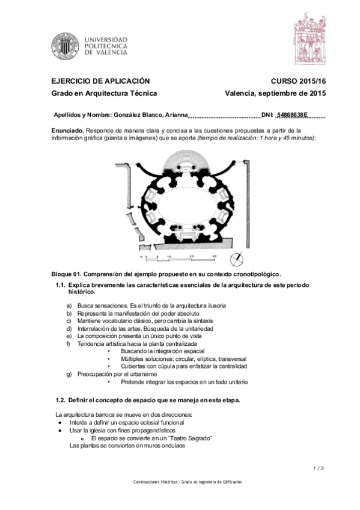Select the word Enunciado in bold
[68, 130]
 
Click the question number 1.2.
[60, 401]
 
